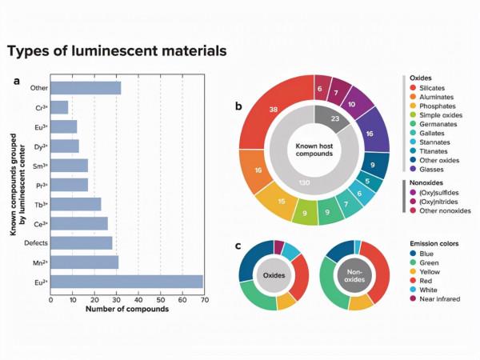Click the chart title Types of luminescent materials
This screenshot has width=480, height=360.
click(x=117, y=51)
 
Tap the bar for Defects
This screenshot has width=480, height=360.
click(x=81, y=242)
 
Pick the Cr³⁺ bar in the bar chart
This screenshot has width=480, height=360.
click(x=59, y=106)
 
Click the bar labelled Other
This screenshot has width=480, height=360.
click(x=86, y=87)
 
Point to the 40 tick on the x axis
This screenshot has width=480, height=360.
click(x=138, y=300)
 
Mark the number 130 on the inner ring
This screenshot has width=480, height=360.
click(x=305, y=183)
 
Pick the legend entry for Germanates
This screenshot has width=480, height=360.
click(x=434, y=126)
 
